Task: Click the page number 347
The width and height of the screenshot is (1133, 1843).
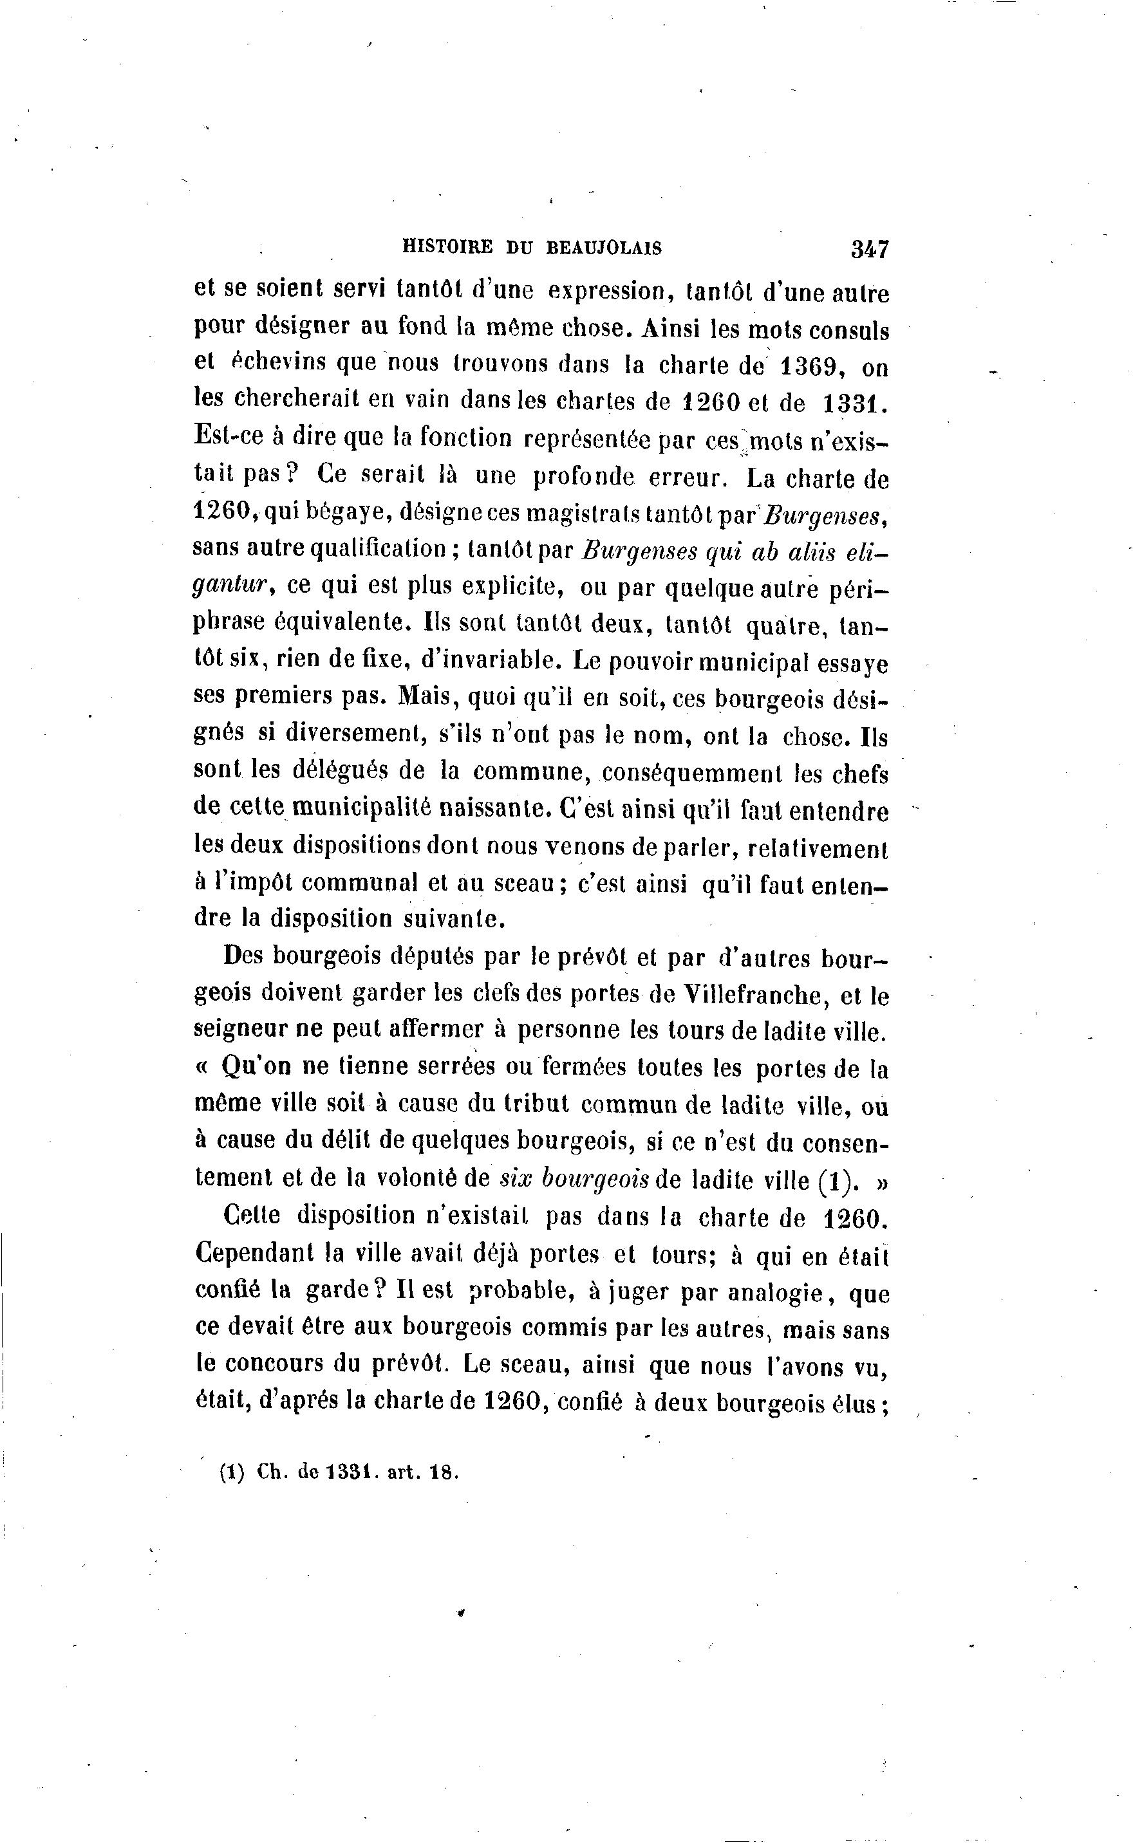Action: tap(869, 248)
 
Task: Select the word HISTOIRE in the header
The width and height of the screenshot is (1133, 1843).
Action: tap(448, 248)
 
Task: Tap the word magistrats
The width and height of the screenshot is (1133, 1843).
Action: tap(583, 514)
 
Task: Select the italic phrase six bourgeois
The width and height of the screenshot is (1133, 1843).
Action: tap(574, 1178)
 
